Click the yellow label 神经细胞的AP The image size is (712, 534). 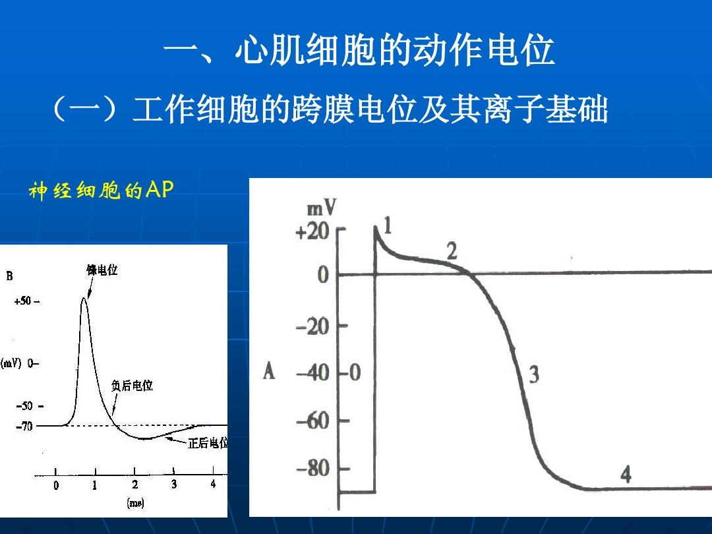click(x=101, y=191)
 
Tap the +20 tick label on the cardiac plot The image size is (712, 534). click(x=312, y=231)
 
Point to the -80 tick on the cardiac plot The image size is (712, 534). click(x=313, y=468)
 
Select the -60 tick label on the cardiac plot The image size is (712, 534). click(x=313, y=421)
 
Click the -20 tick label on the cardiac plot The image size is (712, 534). click(x=312, y=326)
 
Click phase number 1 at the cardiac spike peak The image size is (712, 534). click(x=388, y=225)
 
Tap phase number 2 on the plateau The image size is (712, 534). click(x=452, y=251)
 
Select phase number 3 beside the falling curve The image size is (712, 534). click(x=534, y=374)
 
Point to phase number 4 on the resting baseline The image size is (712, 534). click(x=626, y=474)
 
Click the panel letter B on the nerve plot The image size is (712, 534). click(x=9, y=276)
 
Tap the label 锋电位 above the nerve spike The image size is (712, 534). click(x=102, y=270)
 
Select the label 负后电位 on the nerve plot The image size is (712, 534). click(x=132, y=386)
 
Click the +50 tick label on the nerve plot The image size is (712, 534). click(x=22, y=301)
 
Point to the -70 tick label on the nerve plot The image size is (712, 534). click(x=24, y=426)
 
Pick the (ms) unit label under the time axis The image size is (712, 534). click(x=135, y=502)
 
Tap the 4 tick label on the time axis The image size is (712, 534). click(x=213, y=484)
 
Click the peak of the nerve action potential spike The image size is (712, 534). click(x=84, y=298)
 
